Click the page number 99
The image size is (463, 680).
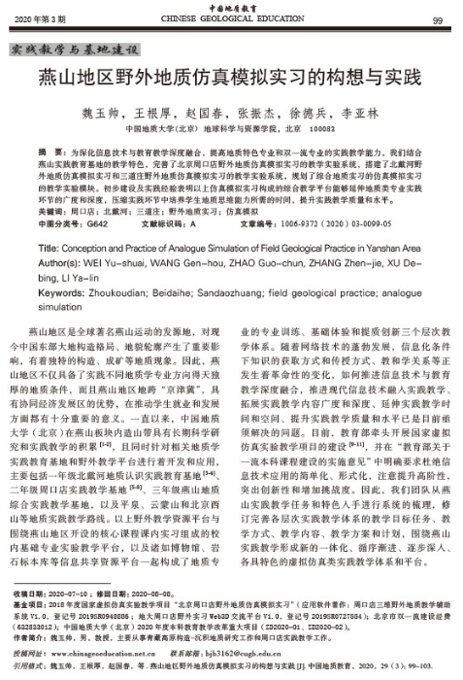tap(438, 20)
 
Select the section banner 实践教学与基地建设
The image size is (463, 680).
tap(72, 49)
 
